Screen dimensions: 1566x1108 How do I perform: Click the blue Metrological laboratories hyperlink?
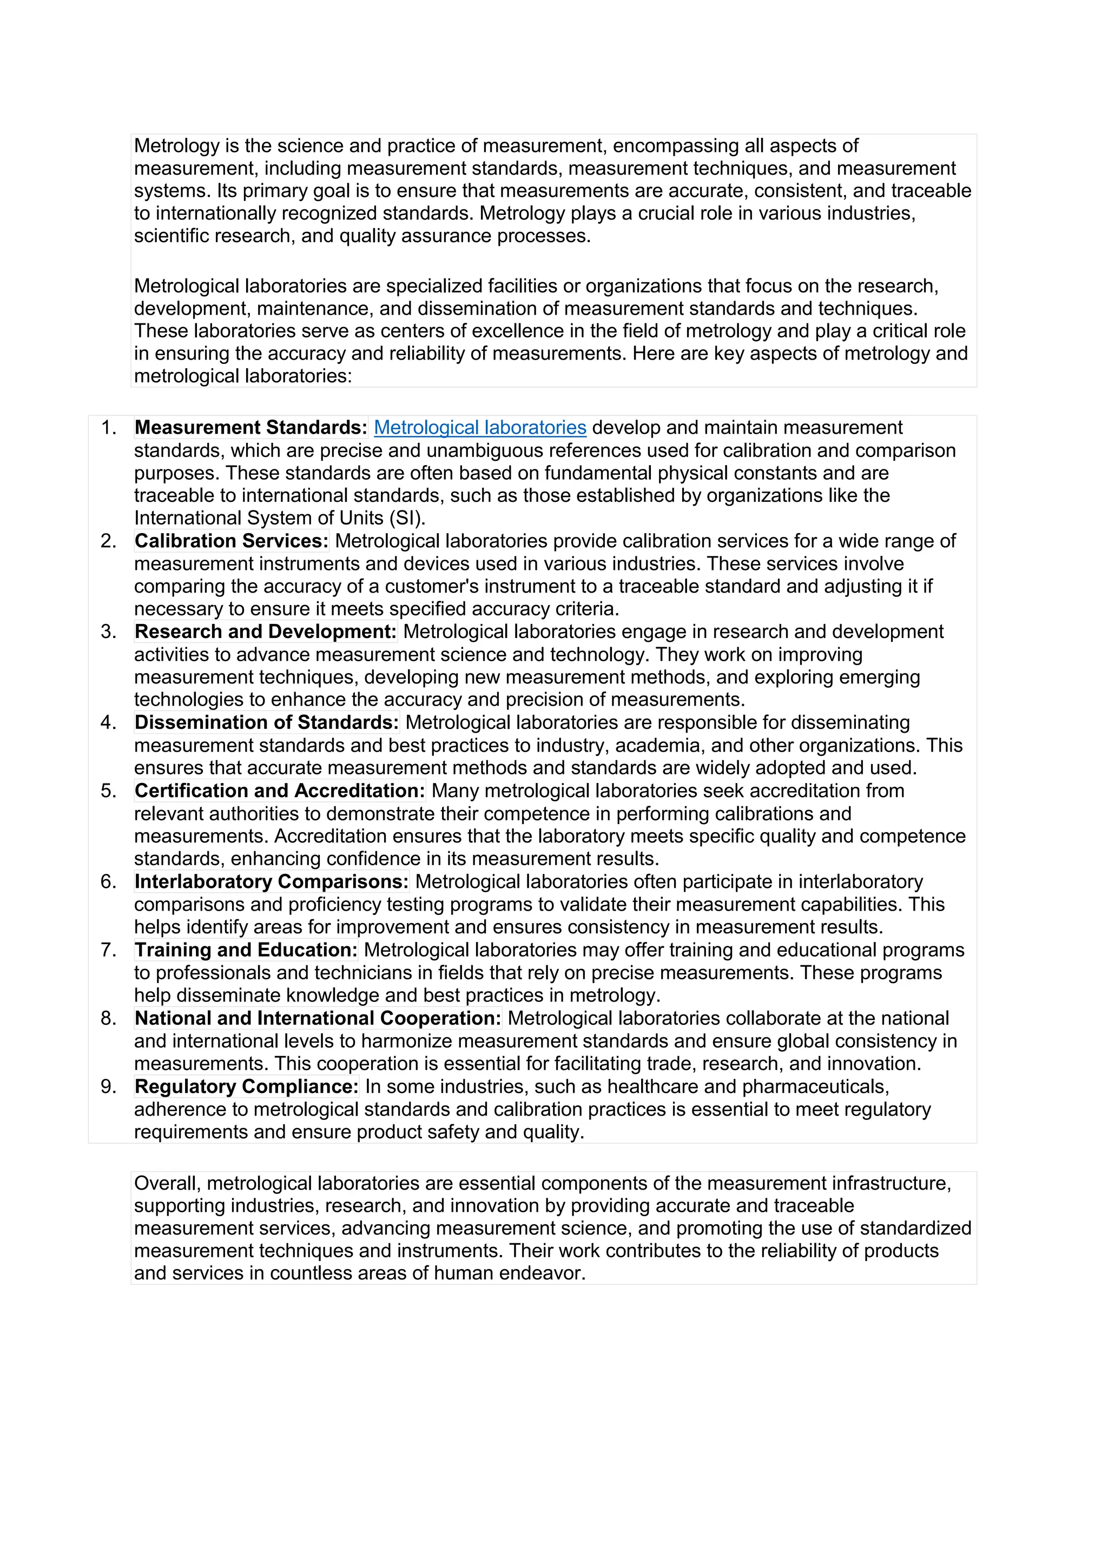click(x=480, y=428)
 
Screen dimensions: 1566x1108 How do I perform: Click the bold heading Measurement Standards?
click(x=251, y=428)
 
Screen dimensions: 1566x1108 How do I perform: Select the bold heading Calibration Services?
click(x=232, y=541)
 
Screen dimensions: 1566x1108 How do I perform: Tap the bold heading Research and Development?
click(x=266, y=632)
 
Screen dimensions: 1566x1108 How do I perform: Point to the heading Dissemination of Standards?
click(x=267, y=722)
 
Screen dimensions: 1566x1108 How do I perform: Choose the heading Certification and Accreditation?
click(x=280, y=791)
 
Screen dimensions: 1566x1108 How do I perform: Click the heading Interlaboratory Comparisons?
click(x=272, y=881)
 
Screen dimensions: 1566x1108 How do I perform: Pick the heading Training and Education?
click(x=246, y=950)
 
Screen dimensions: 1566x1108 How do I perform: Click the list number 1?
click(x=108, y=428)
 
